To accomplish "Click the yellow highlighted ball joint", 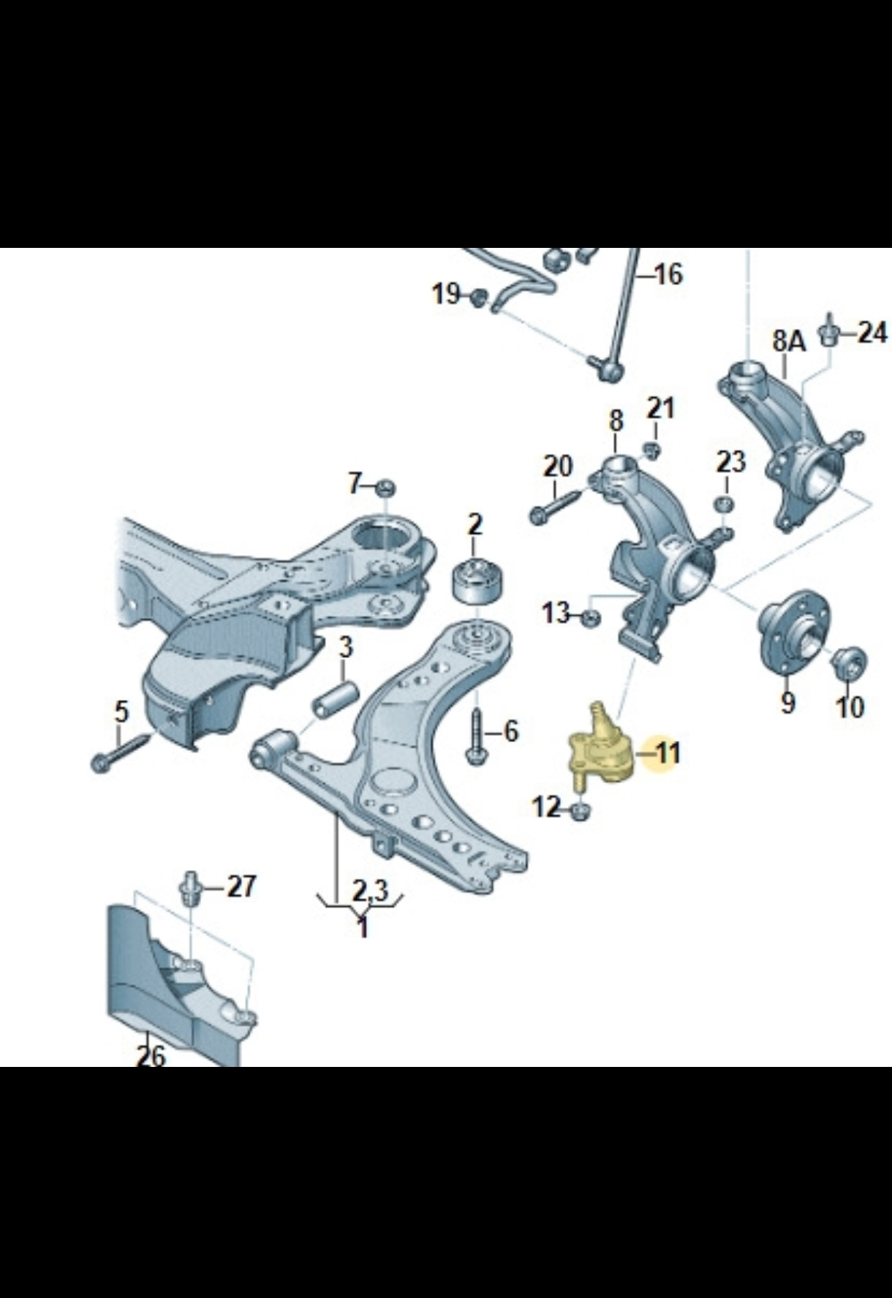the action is click(x=599, y=747).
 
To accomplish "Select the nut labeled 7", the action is click(x=385, y=486).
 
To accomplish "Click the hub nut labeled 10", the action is click(x=850, y=663).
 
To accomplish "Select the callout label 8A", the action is click(x=789, y=342).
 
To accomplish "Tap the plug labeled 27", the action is click(x=189, y=888).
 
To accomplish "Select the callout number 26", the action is click(x=151, y=1054).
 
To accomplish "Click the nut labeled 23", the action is click(x=724, y=504).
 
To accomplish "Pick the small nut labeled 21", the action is click(x=652, y=450).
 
